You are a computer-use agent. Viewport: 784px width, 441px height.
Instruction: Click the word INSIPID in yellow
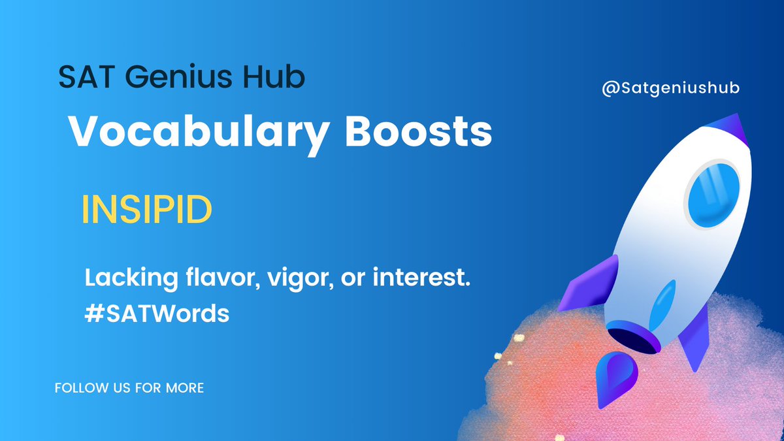click(x=146, y=210)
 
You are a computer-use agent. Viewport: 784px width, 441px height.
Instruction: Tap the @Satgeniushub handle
click(x=670, y=88)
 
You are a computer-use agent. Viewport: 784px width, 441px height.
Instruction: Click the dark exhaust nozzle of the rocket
click(x=630, y=338)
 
